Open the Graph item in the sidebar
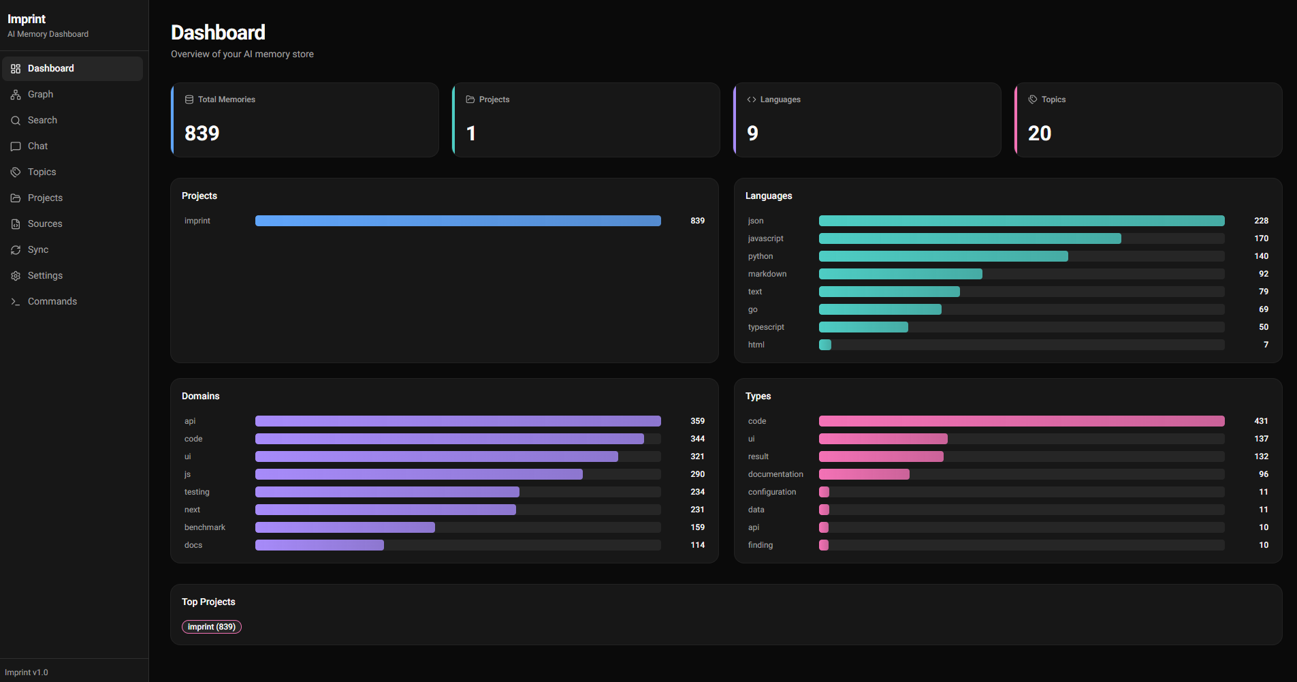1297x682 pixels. [40, 94]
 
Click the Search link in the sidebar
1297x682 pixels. [42, 120]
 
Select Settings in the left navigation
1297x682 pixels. [45, 275]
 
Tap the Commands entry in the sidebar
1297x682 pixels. [52, 301]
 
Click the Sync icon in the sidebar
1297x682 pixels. [16, 250]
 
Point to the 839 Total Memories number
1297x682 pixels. [202, 133]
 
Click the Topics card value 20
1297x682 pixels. [1039, 133]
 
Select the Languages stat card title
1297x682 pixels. [780, 99]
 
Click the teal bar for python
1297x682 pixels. [943, 256]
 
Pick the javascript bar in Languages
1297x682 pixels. [970, 238]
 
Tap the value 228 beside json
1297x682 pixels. [1261, 221]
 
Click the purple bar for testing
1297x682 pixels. [387, 492]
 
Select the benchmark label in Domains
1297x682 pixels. [204, 527]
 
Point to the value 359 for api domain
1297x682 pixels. [697, 421]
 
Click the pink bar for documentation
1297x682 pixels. [863, 474]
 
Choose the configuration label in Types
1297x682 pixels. [771, 492]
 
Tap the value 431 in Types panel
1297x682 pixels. [1261, 421]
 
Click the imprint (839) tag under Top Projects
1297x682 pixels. [211, 627]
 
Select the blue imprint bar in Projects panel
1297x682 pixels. [458, 221]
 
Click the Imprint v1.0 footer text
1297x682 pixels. [27, 672]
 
